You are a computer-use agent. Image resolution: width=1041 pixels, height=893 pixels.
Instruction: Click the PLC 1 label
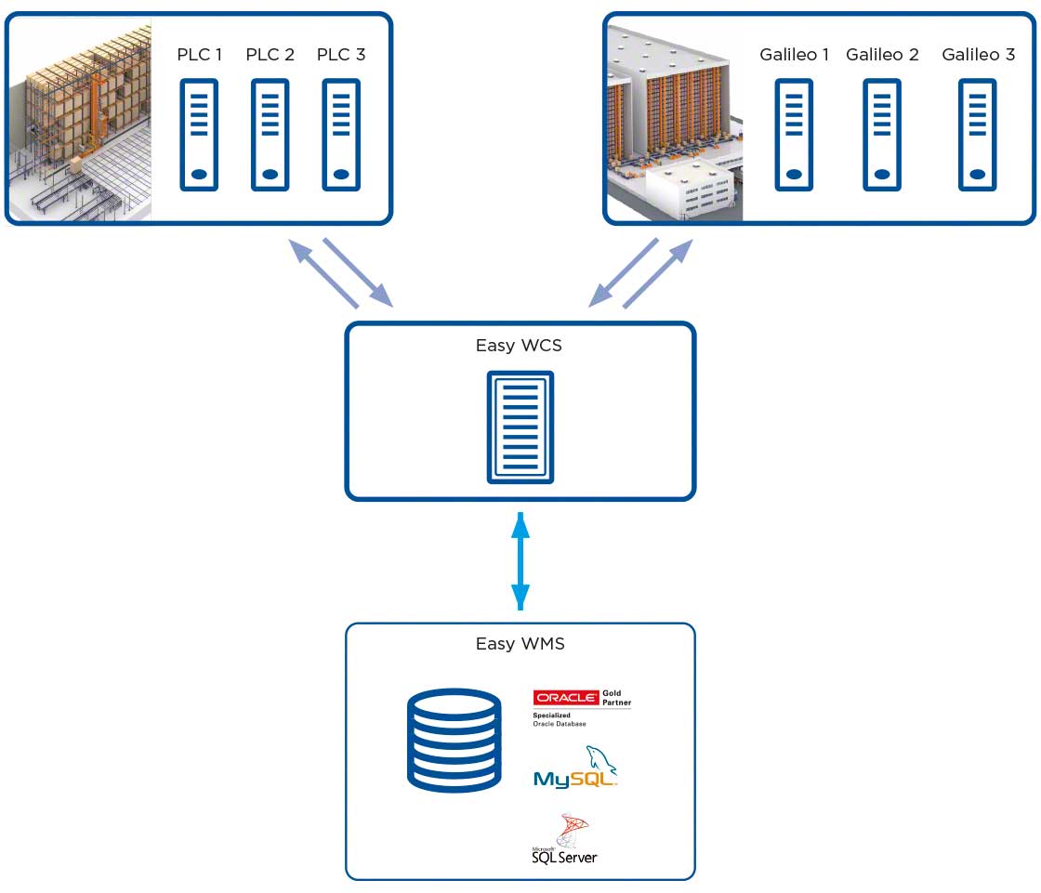tap(200, 55)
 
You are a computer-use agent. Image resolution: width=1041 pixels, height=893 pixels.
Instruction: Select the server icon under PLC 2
tap(270, 135)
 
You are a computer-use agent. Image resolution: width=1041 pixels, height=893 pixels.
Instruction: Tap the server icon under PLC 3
tap(341, 135)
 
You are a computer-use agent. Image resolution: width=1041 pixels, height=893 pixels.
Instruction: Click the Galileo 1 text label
tap(794, 55)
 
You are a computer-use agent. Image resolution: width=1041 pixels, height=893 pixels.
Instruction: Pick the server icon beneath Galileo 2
tap(881, 135)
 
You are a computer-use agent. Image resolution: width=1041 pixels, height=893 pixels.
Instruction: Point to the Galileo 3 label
tap(978, 55)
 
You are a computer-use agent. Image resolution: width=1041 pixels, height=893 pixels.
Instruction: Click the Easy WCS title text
tap(519, 346)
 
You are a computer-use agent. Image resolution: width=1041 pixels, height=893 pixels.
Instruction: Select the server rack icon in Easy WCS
tap(520, 427)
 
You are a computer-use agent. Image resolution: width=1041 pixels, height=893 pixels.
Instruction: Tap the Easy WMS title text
tap(520, 643)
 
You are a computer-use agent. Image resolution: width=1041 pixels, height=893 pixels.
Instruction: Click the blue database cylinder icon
tap(455, 740)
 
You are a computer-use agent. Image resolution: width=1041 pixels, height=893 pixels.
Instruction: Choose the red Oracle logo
tap(565, 698)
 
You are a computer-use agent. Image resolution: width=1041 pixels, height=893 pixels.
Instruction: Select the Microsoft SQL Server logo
tap(565, 840)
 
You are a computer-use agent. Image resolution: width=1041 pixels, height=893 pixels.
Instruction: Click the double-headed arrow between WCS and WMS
tap(520, 560)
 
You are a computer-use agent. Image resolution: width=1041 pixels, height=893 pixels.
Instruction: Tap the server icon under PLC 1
tap(199, 135)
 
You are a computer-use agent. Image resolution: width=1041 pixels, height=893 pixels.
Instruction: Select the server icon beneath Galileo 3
tap(977, 135)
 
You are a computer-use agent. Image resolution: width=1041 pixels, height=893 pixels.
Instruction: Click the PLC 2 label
tap(270, 55)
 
